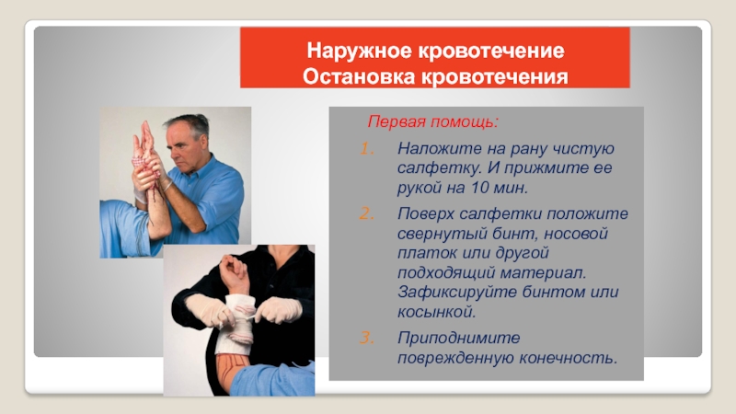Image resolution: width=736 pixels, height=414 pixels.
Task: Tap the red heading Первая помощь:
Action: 432,121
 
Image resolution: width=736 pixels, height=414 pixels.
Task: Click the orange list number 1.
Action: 367,149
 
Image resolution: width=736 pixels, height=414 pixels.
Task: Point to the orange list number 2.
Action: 367,214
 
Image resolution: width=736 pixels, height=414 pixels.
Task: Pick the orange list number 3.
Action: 367,338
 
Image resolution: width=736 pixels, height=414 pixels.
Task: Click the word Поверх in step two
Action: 426,214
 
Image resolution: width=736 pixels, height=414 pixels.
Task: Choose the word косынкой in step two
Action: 436,312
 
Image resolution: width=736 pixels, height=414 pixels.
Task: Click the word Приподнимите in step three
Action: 458,338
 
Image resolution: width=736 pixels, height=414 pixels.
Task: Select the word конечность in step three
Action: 568,358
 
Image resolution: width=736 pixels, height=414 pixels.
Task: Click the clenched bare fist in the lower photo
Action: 233,268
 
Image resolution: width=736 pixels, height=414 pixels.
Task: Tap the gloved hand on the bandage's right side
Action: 279,310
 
